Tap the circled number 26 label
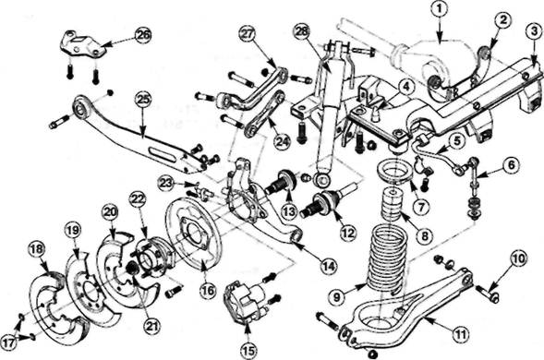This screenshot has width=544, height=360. [x=144, y=35]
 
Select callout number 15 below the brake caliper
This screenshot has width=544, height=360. [x=248, y=350]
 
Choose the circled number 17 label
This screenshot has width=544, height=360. [x=10, y=343]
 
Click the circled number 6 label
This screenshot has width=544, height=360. [x=512, y=164]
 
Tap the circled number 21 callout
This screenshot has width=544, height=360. [x=153, y=326]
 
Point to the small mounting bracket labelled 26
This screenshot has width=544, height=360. [x=82, y=45]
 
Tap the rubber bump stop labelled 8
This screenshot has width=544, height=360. [x=393, y=206]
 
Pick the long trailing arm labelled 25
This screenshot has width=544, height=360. [x=143, y=134]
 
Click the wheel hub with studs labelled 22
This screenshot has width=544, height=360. [x=151, y=257]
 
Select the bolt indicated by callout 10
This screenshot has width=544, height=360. [x=488, y=292]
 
